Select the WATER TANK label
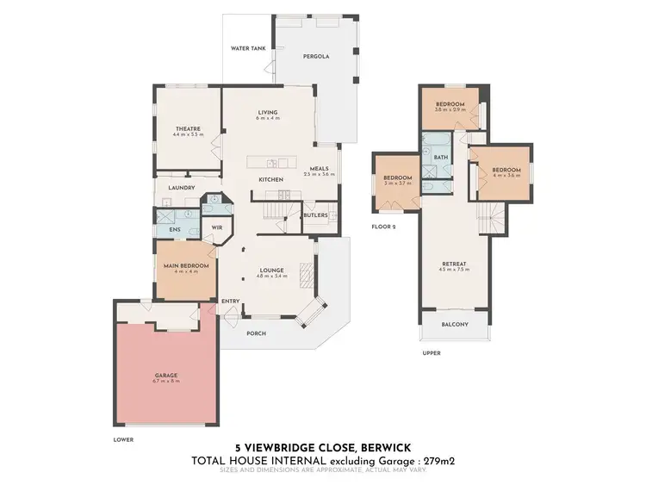click(247, 48)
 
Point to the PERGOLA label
click(315, 56)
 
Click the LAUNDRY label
click(182, 188)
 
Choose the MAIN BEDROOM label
click(187, 265)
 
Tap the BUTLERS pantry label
click(315, 215)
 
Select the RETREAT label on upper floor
click(455, 264)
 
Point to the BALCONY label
click(455, 324)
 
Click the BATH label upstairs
click(441, 158)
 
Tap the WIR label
click(217, 227)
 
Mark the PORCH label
click(257, 333)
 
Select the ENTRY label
click(230, 301)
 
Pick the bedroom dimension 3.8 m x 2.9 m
click(450, 110)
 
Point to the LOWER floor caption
click(123, 438)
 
